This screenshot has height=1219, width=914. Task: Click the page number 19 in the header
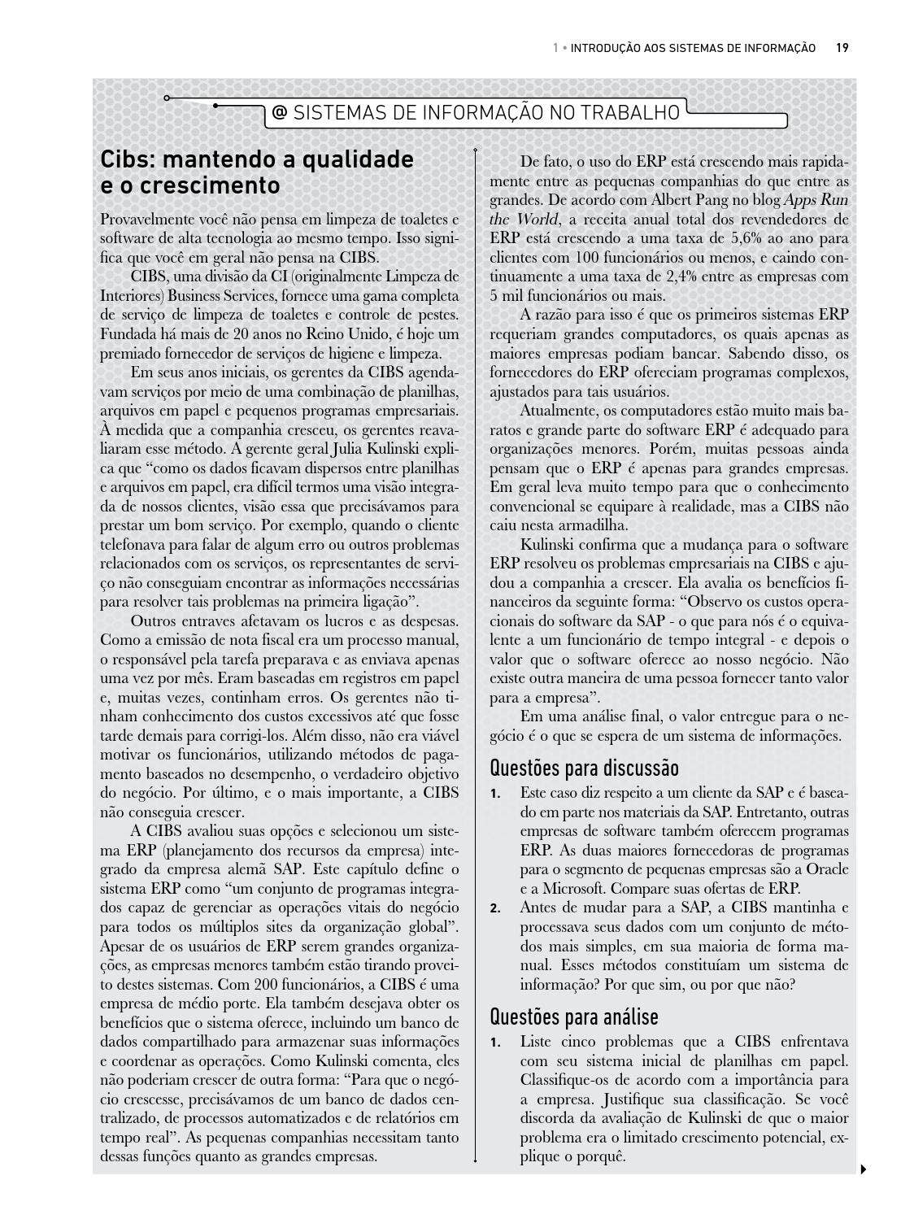[x=842, y=48]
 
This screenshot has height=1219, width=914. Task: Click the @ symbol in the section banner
[x=279, y=113]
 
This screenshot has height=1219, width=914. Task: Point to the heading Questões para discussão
[x=584, y=768]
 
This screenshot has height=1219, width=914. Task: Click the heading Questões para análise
[x=574, y=1017]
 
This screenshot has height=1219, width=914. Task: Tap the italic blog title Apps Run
[x=816, y=200]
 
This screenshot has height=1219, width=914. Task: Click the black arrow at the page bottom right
[x=863, y=1169]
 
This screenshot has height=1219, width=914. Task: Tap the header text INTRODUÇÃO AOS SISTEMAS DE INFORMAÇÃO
[x=693, y=48]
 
